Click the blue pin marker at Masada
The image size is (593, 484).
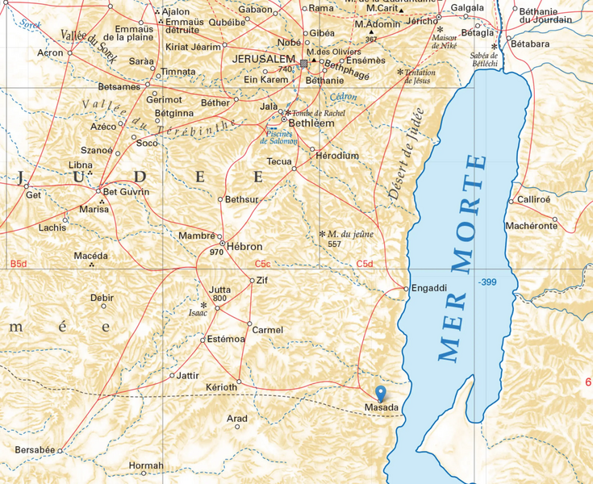coord(382,394)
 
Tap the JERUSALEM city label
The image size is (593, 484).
coord(263,60)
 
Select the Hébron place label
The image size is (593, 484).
coord(244,245)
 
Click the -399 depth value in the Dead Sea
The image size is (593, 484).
coord(487,282)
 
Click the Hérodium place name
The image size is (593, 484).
coord(338,156)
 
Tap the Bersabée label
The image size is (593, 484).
coord(35,449)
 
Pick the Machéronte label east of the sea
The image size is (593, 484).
coord(531,226)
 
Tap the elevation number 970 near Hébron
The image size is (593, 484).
coord(216,252)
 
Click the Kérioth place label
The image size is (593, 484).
coord(221,388)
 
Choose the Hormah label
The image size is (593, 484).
coord(146,465)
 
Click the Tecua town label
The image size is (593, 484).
coord(279,161)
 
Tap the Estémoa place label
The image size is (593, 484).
coord(226,339)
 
